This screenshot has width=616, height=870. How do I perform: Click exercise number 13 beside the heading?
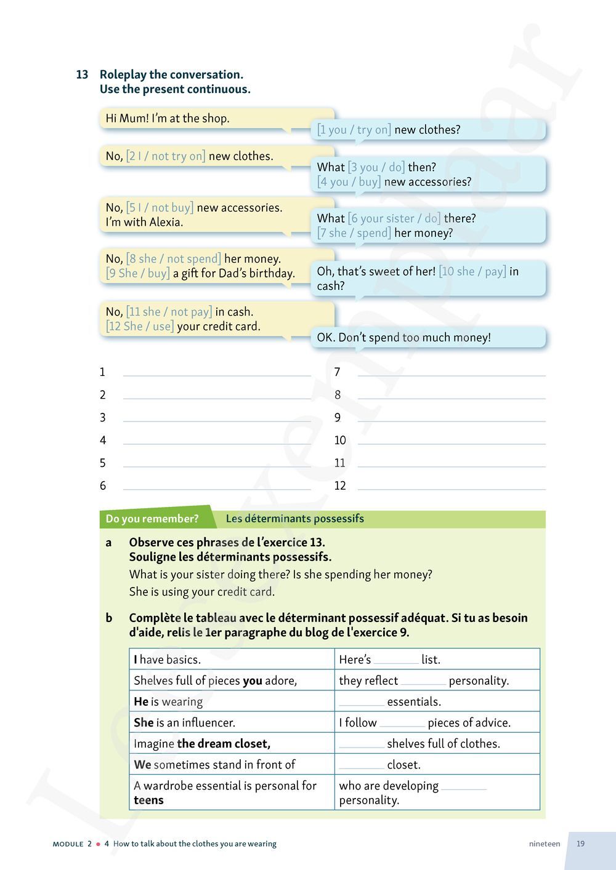[x=82, y=74]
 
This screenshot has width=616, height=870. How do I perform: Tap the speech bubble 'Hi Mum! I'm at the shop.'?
[x=168, y=118]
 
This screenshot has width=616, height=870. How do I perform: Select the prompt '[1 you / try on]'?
[x=354, y=129]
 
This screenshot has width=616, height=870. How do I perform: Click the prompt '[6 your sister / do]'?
[x=394, y=218]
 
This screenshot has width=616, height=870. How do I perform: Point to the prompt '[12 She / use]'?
[x=140, y=326]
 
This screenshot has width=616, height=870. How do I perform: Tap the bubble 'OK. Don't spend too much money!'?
[x=403, y=337]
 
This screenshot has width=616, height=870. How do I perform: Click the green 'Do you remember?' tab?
[x=152, y=519]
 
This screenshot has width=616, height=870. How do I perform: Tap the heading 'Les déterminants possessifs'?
[x=294, y=519]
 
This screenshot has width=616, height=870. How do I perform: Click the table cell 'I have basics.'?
[x=168, y=660]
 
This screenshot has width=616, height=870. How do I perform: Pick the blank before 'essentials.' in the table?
[x=362, y=702]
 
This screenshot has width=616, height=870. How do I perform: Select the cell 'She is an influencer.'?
[x=185, y=722]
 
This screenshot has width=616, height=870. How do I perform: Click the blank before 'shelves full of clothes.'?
[x=362, y=744]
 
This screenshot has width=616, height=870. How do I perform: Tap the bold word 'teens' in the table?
[x=148, y=800]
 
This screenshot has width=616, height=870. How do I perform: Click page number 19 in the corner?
[x=580, y=844]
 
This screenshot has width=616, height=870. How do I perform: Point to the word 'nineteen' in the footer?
[x=545, y=844]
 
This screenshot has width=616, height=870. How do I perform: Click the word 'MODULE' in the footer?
[x=68, y=844]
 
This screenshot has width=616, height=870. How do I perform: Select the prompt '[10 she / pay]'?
[x=472, y=271]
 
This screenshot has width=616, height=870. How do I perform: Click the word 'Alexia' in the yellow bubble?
[x=166, y=222]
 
